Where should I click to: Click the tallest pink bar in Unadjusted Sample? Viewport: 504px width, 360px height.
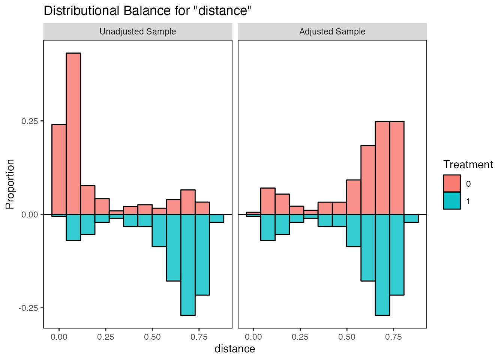pyautogui.click(x=73, y=133)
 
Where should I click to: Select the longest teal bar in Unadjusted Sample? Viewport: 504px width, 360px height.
pyautogui.click(x=188, y=265)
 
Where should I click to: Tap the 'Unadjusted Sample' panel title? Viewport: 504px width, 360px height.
pyautogui.click(x=138, y=31)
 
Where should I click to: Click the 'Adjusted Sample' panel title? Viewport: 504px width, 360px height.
pyautogui.click(x=332, y=31)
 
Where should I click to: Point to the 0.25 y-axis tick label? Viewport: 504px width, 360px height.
pyautogui.click(x=30, y=121)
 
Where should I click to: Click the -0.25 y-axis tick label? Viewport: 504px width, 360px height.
pyautogui.click(x=28, y=308)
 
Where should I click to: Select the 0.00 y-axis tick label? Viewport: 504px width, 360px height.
pyautogui.click(x=30, y=214)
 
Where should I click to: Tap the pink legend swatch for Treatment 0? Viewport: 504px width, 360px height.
pyautogui.click(x=451, y=184)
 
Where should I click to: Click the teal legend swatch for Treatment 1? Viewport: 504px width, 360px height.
pyautogui.click(x=451, y=201)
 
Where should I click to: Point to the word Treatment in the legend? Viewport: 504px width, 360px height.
pyautogui.click(x=468, y=164)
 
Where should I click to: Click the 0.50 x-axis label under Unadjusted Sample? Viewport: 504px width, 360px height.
pyautogui.click(x=152, y=337)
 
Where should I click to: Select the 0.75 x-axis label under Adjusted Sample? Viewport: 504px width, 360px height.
pyautogui.click(x=393, y=337)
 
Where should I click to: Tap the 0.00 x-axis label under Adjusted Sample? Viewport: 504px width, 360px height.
pyautogui.click(x=253, y=337)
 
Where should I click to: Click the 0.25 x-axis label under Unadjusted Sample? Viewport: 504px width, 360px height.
pyautogui.click(x=105, y=337)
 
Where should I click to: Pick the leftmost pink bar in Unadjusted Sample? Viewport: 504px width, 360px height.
pyautogui.click(x=59, y=169)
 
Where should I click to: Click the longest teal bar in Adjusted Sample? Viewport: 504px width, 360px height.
pyautogui.click(x=382, y=265)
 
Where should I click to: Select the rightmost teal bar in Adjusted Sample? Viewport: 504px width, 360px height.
pyautogui.click(x=411, y=218)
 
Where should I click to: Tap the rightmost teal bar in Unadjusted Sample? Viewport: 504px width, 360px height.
pyautogui.click(x=217, y=218)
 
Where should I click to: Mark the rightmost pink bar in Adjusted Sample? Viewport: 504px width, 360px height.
pyautogui.click(x=397, y=168)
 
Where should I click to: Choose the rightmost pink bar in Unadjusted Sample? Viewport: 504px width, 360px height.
pyautogui.click(x=202, y=208)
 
